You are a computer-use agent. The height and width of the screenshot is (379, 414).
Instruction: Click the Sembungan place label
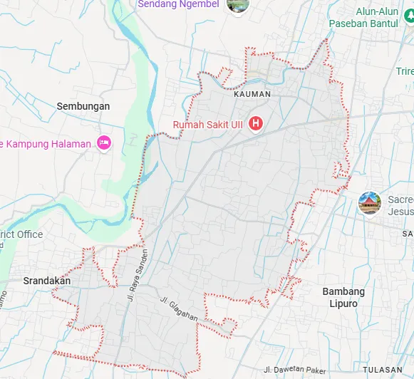(x=83, y=106)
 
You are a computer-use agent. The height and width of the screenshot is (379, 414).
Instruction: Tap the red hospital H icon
(x=256, y=123)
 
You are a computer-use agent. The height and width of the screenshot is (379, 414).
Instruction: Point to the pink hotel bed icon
(x=104, y=142)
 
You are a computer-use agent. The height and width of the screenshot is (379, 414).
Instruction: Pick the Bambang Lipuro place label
(x=343, y=298)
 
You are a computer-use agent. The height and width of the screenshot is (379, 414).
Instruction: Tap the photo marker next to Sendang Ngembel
(x=235, y=4)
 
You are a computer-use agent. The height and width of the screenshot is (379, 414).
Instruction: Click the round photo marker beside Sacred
(x=369, y=203)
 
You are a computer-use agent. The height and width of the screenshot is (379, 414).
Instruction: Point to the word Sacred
(x=400, y=200)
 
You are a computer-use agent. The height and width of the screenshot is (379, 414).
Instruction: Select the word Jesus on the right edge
(x=400, y=212)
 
